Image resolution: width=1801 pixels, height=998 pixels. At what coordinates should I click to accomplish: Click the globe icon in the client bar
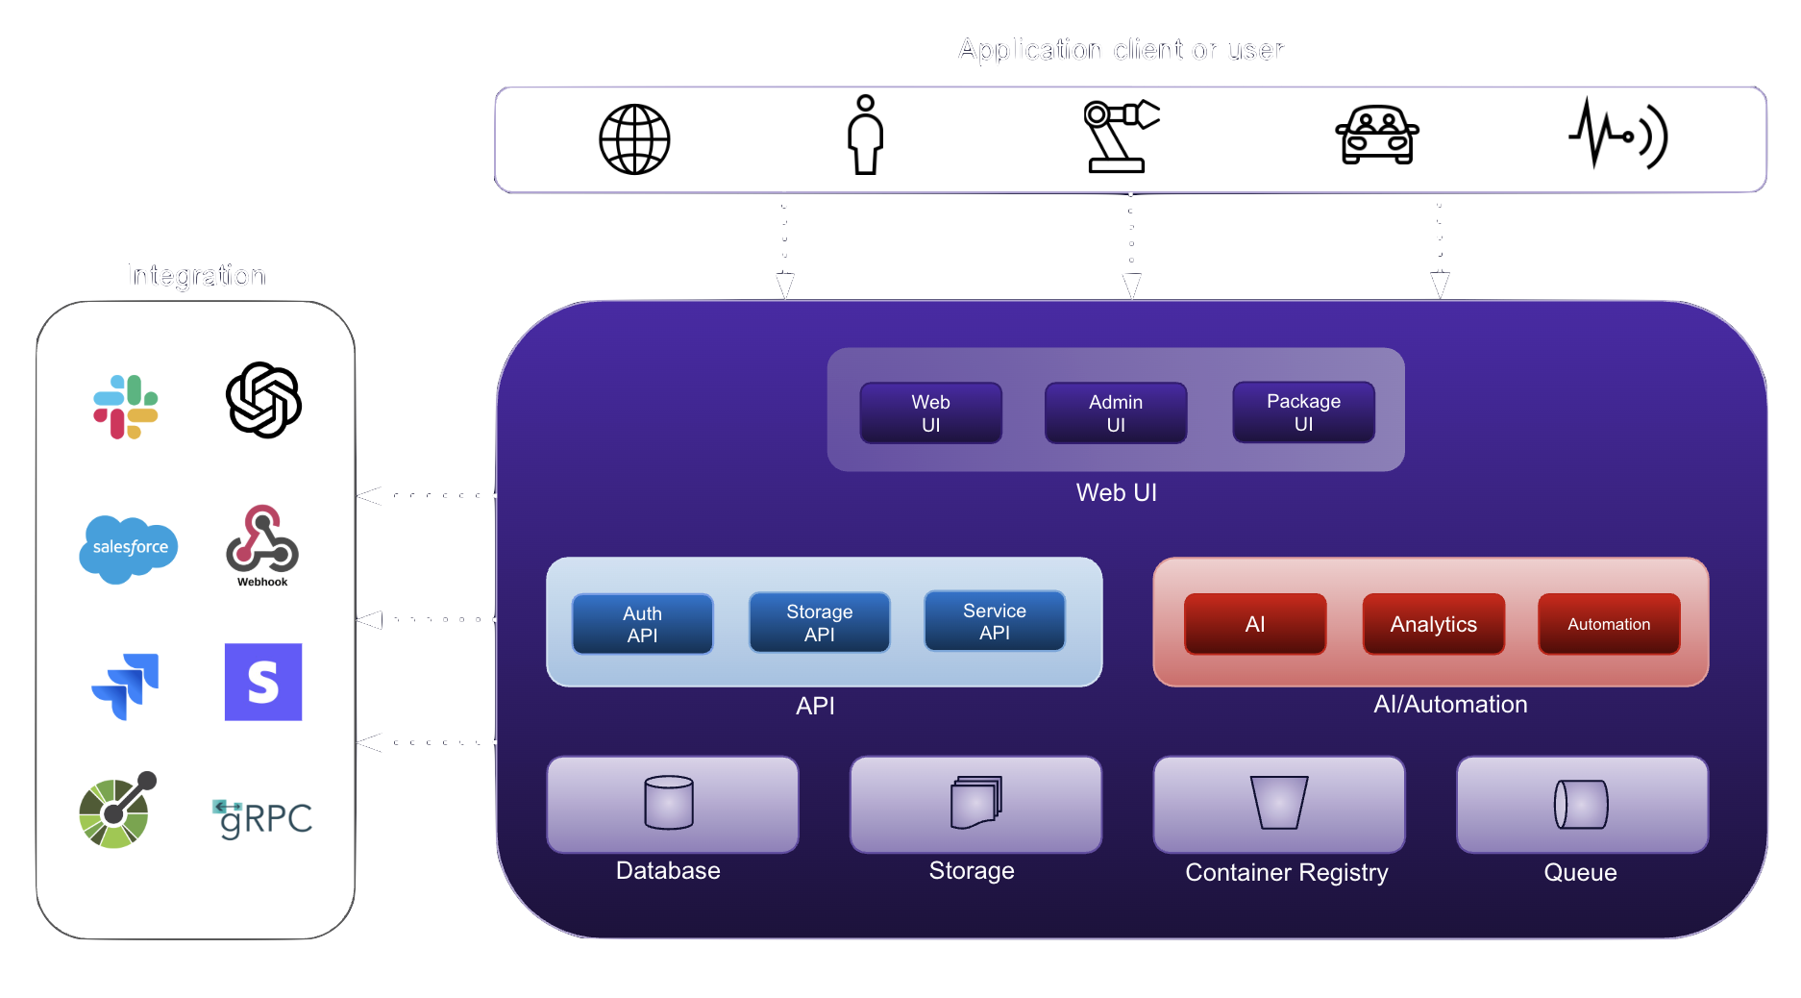tap(634, 139)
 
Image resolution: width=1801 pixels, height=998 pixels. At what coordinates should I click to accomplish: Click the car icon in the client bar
tap(1377, 136)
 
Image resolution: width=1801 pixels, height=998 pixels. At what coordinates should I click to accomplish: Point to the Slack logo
tap(126, 407)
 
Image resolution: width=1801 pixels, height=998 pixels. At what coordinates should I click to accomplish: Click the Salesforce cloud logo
tap(129, 548)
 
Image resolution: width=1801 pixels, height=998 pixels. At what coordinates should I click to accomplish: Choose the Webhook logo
tap(262, 542)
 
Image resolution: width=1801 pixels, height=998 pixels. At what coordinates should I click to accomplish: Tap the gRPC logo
tap(263, 818)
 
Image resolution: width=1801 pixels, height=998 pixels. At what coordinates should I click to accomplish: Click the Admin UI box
tap(1116, 413)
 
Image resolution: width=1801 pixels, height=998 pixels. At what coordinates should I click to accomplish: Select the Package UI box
tap(1303, 412)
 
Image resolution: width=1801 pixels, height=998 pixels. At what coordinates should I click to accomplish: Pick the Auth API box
tap(642, 624)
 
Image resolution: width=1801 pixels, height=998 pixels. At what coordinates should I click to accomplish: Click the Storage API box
tap(819, 623)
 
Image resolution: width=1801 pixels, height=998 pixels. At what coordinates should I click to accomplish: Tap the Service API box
tap(995, 622)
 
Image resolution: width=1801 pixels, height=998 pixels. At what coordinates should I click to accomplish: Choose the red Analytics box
tap(1433, 624)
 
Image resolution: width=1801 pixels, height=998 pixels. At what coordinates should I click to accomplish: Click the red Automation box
tap(1609, 624)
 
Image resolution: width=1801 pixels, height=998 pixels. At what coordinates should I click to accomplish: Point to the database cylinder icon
tap(669, 803)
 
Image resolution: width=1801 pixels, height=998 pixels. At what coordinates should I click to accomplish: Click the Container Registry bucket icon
tap(1279, 803)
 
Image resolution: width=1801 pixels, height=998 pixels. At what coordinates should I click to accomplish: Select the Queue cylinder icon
tap(1581, 805)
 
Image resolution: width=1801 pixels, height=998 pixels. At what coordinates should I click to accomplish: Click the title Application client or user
tap(1121, 50)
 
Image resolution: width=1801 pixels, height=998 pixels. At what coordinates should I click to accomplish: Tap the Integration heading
tap(196, 276)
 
